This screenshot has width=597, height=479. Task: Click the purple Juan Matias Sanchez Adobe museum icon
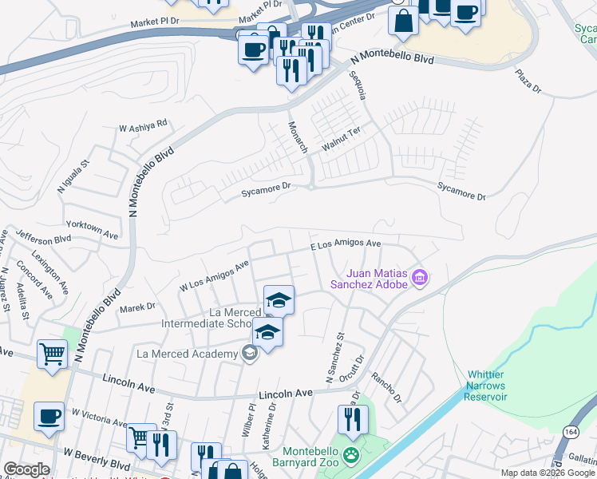pos(421,279)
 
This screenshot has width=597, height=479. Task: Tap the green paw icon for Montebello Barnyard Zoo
pos(352,457)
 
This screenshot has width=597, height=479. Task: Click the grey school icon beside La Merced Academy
pos(250,354)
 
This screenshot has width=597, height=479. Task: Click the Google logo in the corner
pos(26,469)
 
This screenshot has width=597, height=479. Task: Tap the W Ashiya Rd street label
pos(143,125)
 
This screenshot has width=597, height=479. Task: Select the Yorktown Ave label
pos(92,227)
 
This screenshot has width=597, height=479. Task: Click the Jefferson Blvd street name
pos(42,239)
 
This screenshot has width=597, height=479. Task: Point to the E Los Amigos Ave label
pos(346,244)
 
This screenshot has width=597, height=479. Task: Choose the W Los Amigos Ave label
pos(215,274)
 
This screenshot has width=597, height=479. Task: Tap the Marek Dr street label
pos(137,307)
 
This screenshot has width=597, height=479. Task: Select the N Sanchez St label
pos(333,356)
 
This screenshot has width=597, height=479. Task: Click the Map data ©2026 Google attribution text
pos(547,473)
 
